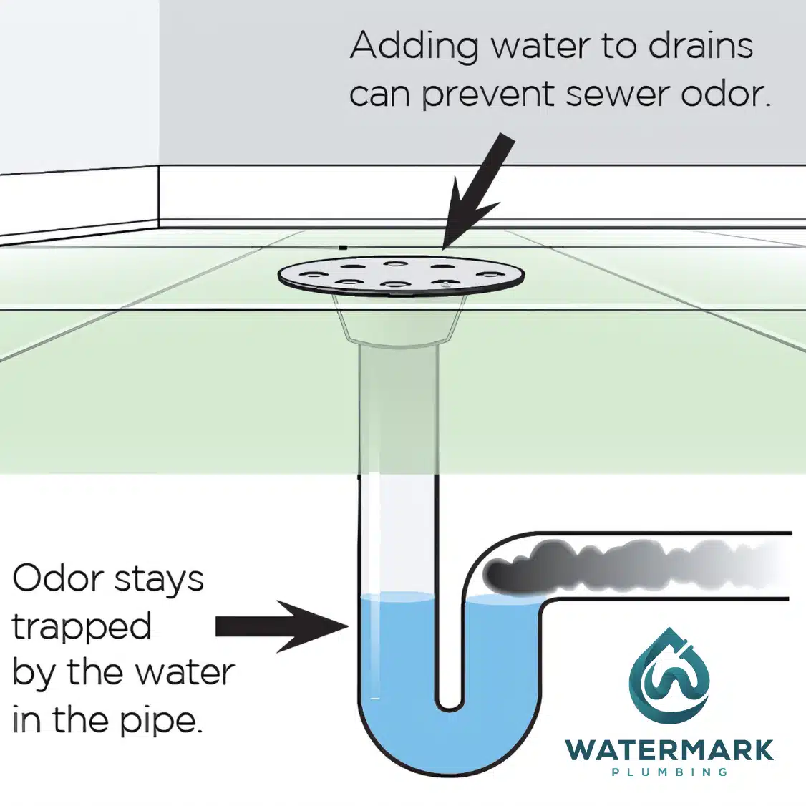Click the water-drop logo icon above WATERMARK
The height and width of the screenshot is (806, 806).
coord(669,676)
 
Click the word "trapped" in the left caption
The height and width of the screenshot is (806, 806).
coord(82,628)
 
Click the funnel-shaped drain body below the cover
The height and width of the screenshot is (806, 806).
coord(398,319)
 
